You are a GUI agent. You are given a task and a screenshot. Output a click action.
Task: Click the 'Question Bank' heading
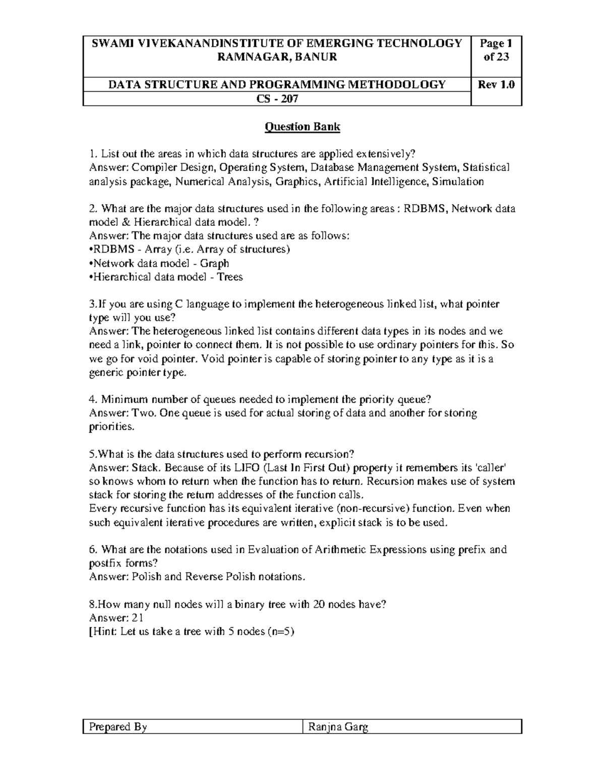coord(302,127)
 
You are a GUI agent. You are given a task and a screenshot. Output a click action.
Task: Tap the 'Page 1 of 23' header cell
coord(496,50)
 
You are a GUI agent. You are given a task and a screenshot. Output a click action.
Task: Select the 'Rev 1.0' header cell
coord(496,85)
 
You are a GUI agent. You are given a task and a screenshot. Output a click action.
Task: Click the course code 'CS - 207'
coord(277,99)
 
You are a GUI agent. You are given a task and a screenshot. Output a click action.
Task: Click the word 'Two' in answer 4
coord(145,413)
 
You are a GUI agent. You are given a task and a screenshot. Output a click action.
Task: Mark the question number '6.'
coord(92,550)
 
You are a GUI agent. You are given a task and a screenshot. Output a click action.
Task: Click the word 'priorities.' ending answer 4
coord(112,427)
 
